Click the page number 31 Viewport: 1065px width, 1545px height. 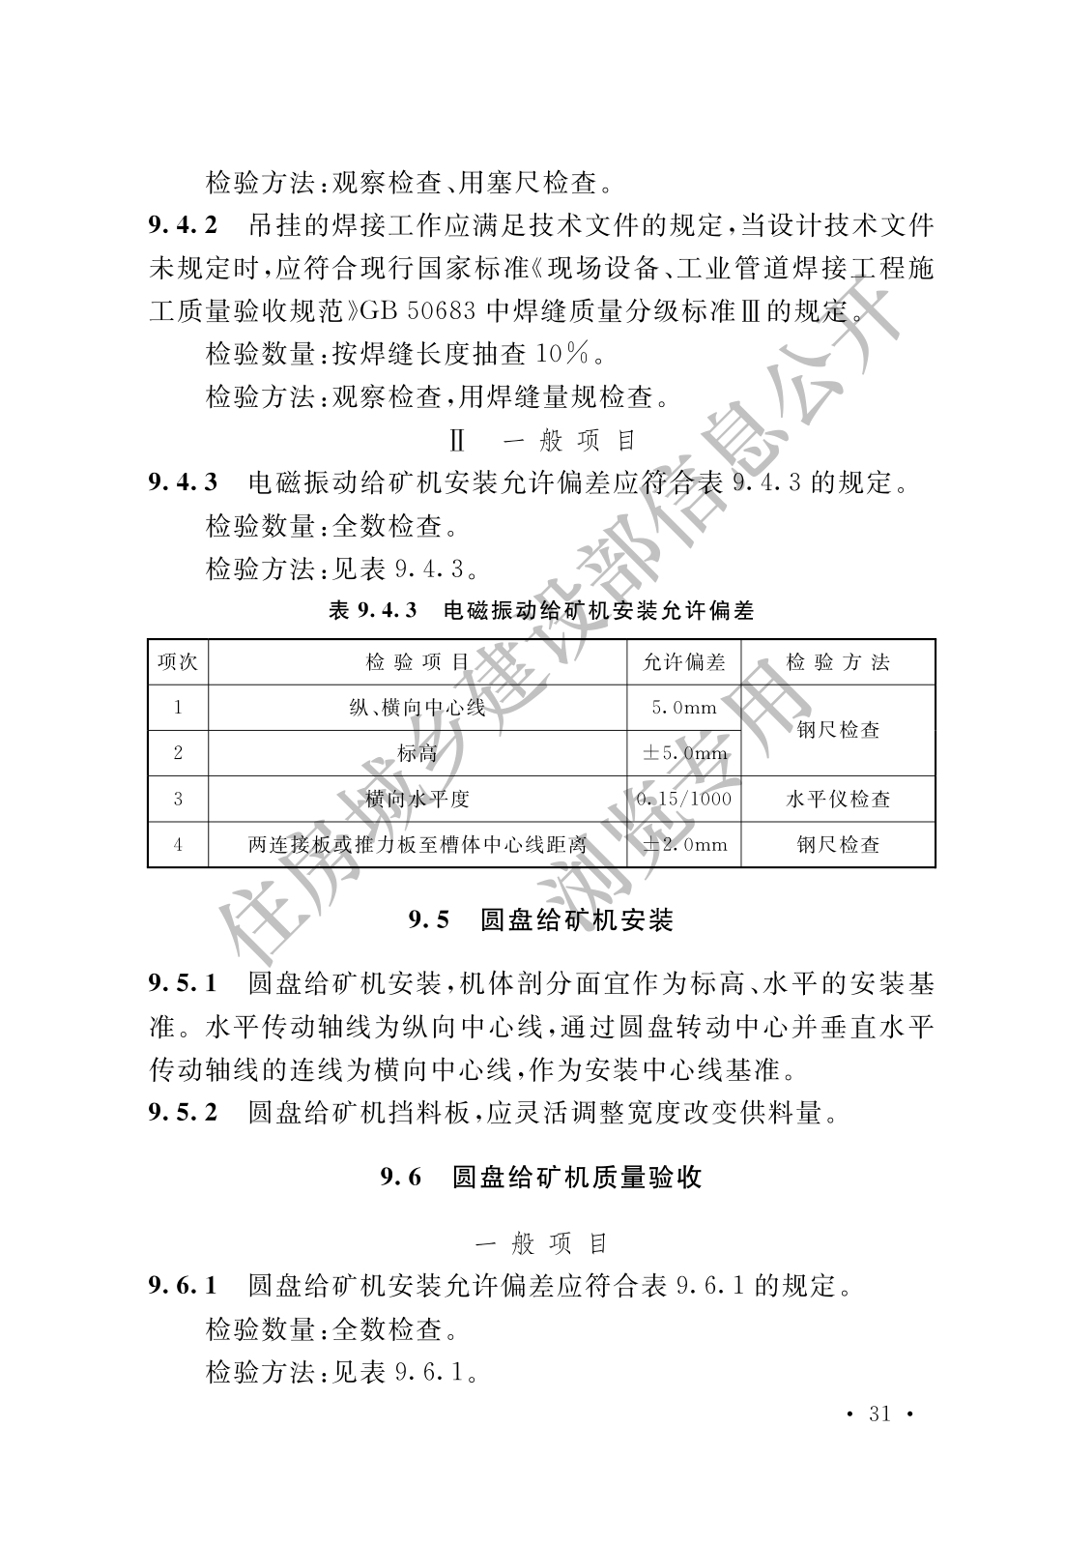point(879,1414)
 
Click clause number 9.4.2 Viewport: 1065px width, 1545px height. point(184,226)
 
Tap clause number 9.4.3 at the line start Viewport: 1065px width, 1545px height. point(184,481)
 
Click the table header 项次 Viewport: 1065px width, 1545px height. point(178,662)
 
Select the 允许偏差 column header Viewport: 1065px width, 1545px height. point(684,662)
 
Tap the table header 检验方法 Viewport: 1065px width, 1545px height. point(838,662)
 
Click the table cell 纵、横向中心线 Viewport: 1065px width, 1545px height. point(417,708)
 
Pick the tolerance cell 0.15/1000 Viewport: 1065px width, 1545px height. point(684,799)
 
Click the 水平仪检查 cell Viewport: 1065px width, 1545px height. point(838,799)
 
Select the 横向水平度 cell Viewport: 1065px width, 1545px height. point(417,799)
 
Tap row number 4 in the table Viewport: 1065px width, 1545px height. point(178,844)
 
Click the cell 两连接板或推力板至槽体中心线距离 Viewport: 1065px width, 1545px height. point(417,844)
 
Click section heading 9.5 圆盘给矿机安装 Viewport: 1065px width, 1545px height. point(541,920)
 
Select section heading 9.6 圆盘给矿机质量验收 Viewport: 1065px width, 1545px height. point(541,1177)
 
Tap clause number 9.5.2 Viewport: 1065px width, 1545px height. point(184,1113)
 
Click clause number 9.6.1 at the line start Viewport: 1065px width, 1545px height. point(184,1286)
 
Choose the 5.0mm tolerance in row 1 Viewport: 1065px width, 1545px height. point(684,708)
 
